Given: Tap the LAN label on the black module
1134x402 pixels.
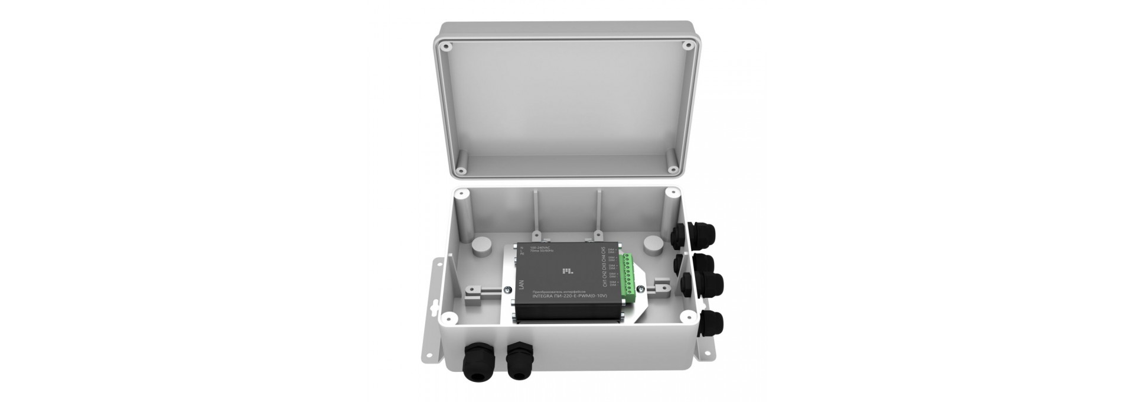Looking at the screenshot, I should [521, 286].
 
